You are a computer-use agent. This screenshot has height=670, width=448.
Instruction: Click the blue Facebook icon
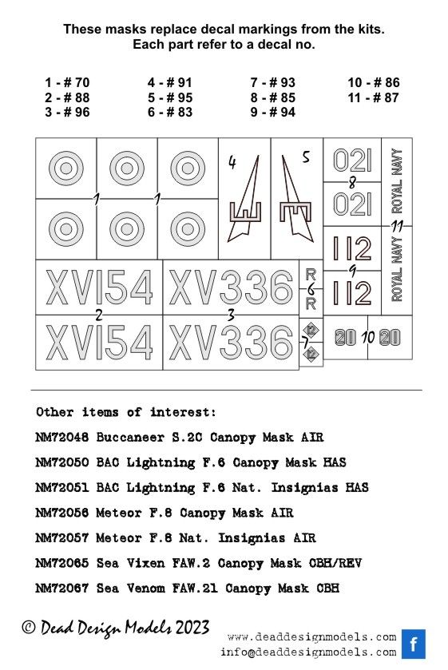click(x=414, y=644)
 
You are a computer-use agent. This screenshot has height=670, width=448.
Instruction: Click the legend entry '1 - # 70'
click(x=67, y=82)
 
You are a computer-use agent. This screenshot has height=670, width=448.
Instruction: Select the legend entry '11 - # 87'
click(x=373, y=97)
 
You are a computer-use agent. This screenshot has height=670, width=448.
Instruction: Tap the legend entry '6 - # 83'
click(x=170, y=112)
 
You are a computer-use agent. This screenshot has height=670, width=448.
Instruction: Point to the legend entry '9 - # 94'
click(x=273, y=112)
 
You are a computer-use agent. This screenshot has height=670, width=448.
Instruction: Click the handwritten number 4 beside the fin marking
click(x=232, y=162)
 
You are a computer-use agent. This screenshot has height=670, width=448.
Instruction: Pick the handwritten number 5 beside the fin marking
click(x=306, y=157)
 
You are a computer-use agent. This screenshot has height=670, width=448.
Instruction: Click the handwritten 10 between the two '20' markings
click(x=367, y=338)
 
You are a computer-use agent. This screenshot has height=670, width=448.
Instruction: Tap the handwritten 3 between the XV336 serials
click(x=231, y=315)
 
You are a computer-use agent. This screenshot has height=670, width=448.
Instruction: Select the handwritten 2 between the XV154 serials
click(x=99, y=315)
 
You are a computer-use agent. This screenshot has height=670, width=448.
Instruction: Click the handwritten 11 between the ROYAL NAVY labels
click(x=397, y=226)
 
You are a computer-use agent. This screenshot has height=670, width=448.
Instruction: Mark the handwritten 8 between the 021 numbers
click(x=352, y=183)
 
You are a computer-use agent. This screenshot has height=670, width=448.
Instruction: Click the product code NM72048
click(x=62, y=438)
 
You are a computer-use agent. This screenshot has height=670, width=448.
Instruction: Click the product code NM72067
click(x=62, y=589)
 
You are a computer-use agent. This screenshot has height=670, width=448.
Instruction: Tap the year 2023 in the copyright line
click(x=192, y=628)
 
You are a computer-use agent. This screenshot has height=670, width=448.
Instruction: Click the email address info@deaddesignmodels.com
click(x=308, y=652)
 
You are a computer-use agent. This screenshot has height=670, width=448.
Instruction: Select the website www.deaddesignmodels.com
click(x=312, y=637)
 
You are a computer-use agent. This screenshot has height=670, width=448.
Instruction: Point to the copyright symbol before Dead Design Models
click(x=28, y=627)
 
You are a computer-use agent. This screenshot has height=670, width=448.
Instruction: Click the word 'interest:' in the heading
click(x=183, y=412)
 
